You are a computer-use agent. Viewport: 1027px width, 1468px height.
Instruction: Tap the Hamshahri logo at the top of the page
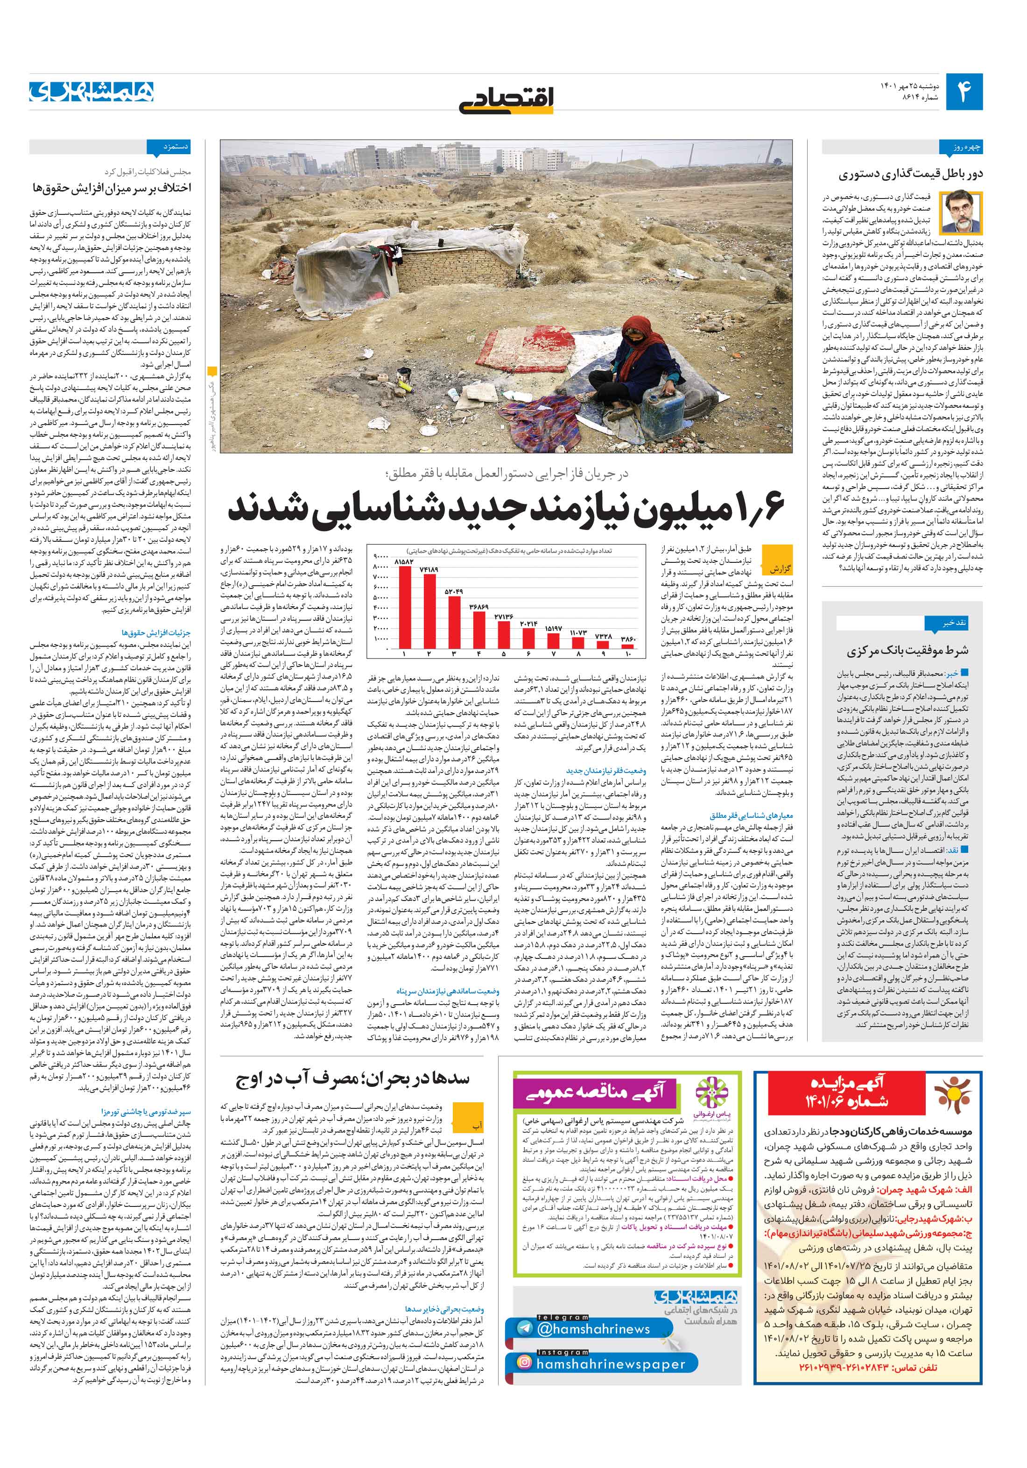[92, 92]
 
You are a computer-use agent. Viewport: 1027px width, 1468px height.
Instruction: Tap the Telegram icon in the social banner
[525, 1329]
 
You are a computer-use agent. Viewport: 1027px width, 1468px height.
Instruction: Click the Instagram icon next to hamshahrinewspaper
[525, 1364]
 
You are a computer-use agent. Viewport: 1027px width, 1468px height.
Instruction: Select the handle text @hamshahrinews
[592, 1329]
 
